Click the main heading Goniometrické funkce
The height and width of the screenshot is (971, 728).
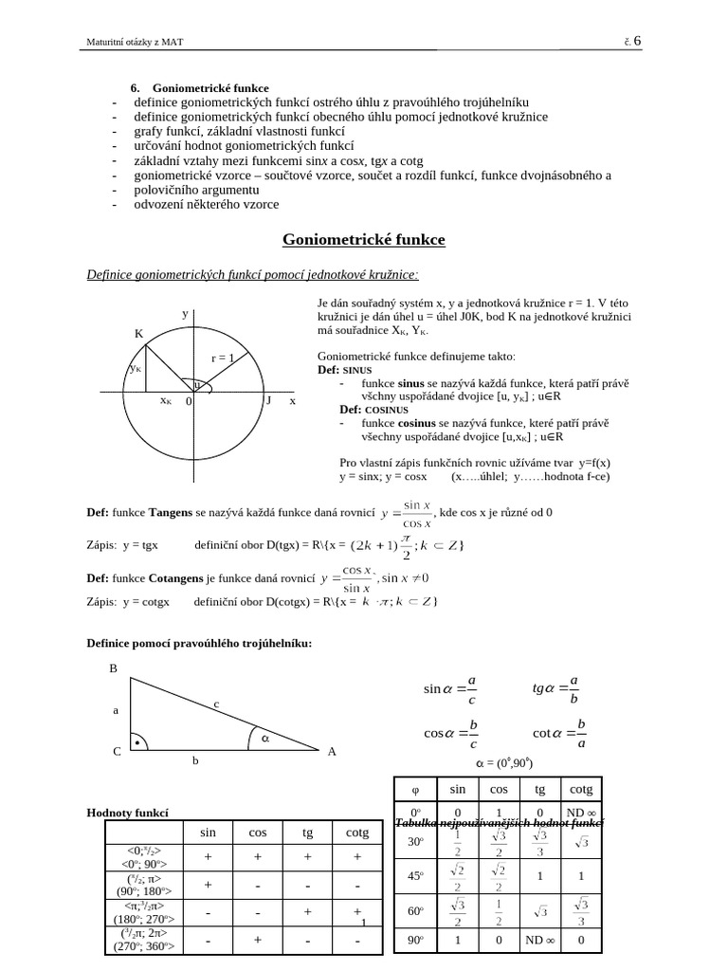pos(364,240)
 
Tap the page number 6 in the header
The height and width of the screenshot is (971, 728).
pos(637,40)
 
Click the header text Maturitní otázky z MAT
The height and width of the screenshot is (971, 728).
pos(134,41)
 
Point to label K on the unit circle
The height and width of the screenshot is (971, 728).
pos(138,334)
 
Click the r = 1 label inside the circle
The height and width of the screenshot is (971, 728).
pos(222,358)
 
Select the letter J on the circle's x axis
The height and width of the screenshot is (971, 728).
pos(268,401)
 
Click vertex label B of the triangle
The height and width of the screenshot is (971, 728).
pos(113,669)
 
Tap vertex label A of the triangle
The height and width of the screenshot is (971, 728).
pos(332,752)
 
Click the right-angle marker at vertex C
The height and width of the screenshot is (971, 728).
pos(138,744)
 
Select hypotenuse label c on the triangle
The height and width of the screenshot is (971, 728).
pos(216,704)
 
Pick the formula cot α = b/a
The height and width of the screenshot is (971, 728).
pos(560,733)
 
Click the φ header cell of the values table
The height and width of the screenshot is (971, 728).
pos(414,788)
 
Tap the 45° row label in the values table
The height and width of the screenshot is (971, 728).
pos(414,875)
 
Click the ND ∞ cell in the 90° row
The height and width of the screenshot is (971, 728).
pos(539,940)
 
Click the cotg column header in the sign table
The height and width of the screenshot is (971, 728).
pos(357,832)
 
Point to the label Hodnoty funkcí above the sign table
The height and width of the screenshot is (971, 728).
pos(127,813)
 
